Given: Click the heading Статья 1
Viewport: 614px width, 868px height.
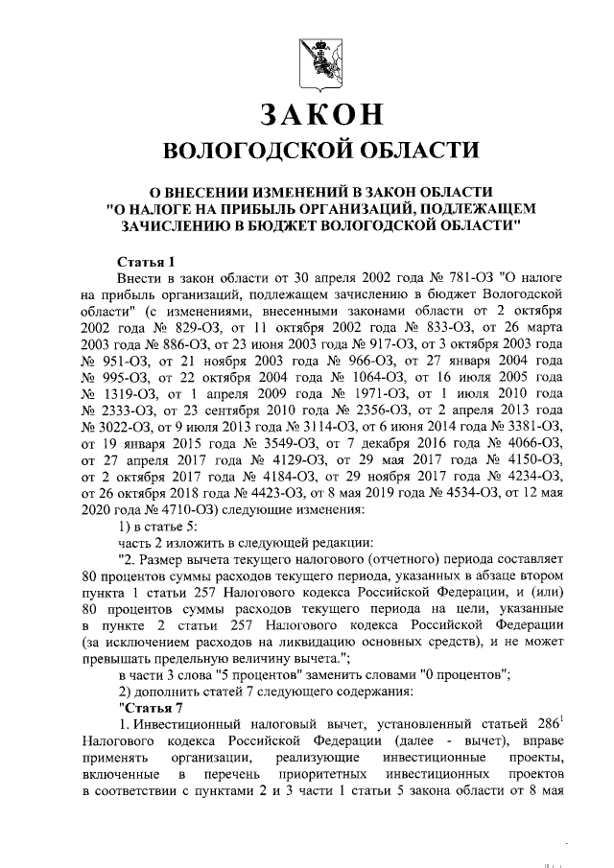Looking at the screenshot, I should tap(146, 261).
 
